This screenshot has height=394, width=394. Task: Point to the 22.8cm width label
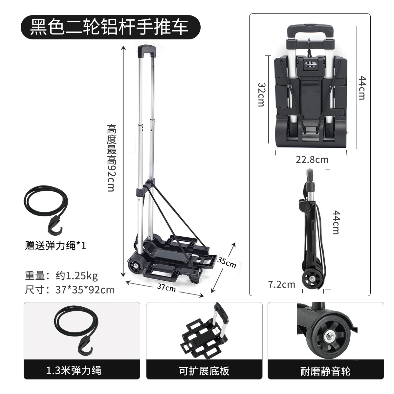tap(312, 160)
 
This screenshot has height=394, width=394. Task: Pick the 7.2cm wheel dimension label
tap(282, 284)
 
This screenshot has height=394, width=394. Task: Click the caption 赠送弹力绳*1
tap(56, 246)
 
